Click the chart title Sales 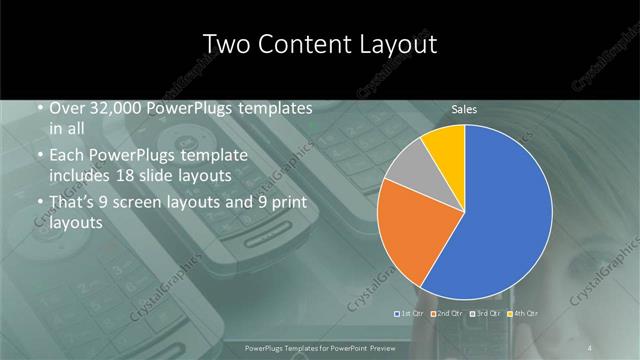tap(464, 109)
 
